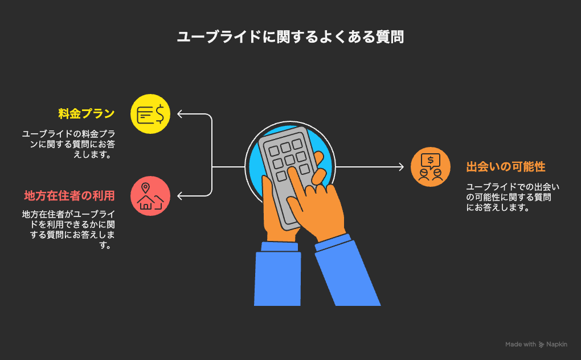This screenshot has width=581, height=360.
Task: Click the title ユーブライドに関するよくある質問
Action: click(x=290, y=37)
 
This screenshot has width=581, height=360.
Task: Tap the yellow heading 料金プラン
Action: click(x=87, y=114)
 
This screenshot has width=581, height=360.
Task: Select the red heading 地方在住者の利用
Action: click(x=69, y=195)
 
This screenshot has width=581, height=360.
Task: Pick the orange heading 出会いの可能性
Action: click(x=506, y=167)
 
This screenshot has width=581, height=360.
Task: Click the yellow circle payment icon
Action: click(x=150, y=114)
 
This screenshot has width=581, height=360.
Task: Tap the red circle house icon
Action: click(x=150, y=196)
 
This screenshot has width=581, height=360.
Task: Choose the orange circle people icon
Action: click(x=431, y=167)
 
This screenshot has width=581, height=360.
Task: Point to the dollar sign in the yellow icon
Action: click(x=159, y=114)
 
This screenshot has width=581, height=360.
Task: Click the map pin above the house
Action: click(x=146, y=188)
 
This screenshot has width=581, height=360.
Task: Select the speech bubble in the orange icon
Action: click(x=431, y=161)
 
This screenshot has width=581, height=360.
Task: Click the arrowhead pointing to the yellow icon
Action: click(x=179, y=114)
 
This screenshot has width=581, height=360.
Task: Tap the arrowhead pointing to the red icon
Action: click(x=179, y=196)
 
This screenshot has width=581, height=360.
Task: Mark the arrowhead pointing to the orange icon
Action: click(x=402, y=167)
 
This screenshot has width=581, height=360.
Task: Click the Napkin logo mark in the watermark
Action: click(x=541, y=345)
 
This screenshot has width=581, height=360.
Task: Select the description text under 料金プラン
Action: click(x=68, y=144)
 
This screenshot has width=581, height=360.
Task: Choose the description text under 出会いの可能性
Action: click(x=513, y=197)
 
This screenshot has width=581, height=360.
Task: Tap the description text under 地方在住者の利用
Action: click(x=68, y=230)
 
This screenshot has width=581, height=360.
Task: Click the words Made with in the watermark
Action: click(x=521, y=345)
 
